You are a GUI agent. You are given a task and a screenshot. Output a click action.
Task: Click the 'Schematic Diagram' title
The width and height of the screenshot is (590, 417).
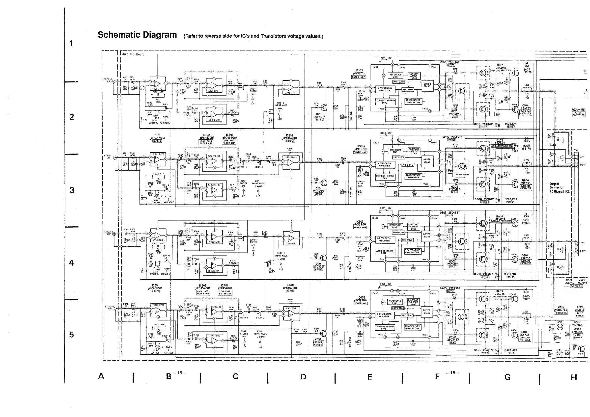pos(137,35)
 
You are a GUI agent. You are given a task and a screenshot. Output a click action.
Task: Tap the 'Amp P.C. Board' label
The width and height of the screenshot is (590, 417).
pos(133,54)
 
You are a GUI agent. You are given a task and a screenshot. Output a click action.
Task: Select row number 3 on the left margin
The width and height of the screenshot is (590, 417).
pos(72,190)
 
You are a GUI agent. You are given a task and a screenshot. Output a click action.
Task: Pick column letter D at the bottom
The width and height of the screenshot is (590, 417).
pos(303,377)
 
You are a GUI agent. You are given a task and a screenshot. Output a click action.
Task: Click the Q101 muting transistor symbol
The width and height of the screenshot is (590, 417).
pos(324,107)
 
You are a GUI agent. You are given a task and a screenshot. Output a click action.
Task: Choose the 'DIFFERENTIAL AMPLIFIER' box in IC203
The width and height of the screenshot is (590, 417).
pos(384,165)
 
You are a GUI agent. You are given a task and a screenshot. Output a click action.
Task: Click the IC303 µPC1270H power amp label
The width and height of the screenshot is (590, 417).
pos(360,224)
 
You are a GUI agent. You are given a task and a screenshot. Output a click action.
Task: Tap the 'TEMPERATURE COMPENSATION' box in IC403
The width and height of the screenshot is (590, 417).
pos(412,327)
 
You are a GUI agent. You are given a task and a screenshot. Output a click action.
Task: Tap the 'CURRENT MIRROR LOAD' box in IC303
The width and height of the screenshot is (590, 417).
pos(385,252)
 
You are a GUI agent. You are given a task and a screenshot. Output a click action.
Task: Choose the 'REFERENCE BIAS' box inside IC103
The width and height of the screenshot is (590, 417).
pos(395,76)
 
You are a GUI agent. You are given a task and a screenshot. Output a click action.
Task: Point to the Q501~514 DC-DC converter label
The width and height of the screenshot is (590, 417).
pos(579,112)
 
